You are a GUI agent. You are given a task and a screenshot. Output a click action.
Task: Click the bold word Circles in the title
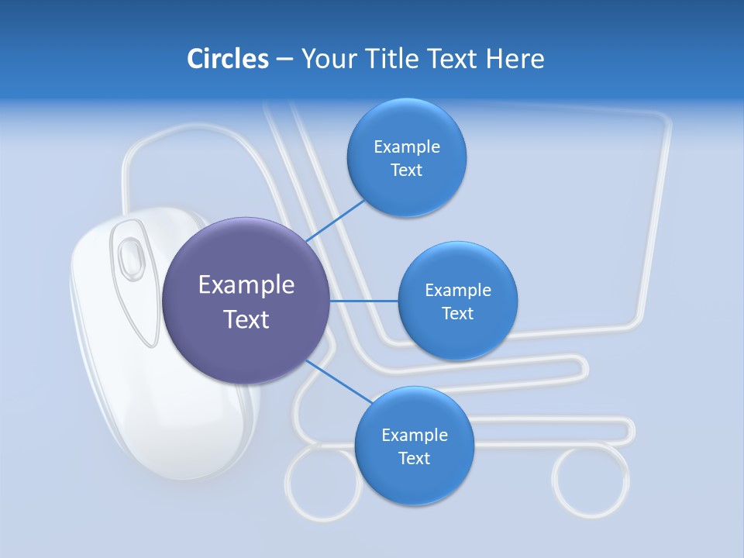(227, 58)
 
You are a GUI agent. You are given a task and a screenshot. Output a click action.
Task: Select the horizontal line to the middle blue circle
(364, 301)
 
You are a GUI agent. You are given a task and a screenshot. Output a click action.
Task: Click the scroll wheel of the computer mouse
(130, 253)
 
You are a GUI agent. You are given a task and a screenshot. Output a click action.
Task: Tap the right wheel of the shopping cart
(591, 480)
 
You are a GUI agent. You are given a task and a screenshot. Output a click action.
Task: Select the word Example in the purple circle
(246, 285)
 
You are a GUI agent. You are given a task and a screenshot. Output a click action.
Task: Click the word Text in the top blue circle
(407, 170)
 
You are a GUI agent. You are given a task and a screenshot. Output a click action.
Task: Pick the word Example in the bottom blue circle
(414, 435)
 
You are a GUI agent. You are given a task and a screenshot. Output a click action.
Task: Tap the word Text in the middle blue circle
(458, 314)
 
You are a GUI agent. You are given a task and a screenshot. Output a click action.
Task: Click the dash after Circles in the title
(284, 59)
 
